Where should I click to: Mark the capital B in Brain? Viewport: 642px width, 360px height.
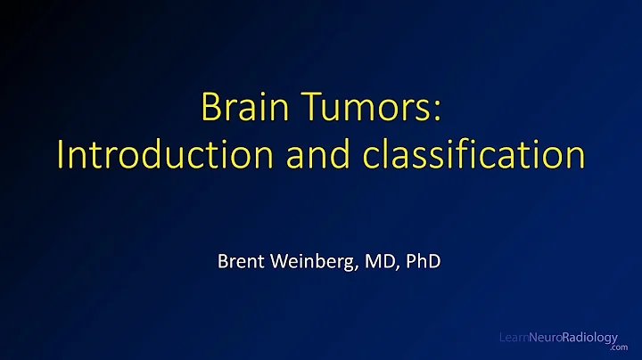210,108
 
